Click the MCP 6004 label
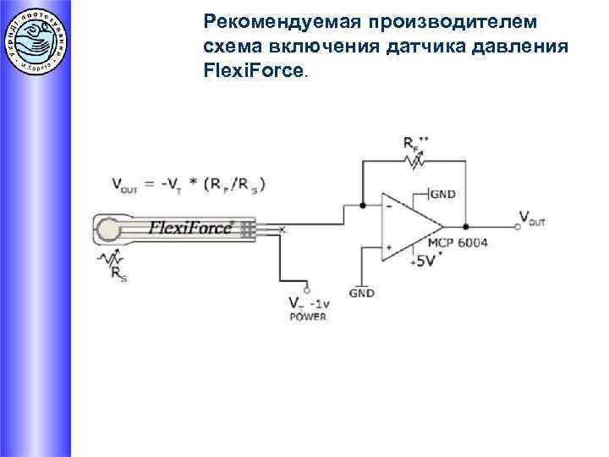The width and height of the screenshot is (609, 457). point(458,243)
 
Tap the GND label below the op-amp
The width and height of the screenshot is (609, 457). point(362,293)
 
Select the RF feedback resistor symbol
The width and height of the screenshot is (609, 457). point(414,160)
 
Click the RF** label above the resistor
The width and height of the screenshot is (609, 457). point(414,141)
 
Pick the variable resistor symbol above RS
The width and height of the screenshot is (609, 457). point(109,257)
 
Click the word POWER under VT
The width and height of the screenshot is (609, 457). point(307,317)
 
